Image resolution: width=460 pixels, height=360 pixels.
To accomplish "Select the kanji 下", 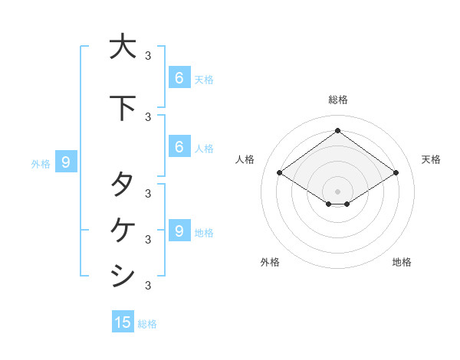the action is coord(122,108).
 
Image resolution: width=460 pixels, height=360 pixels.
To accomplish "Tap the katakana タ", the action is coord(122,185).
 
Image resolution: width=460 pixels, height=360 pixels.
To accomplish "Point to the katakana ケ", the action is coord(122,228).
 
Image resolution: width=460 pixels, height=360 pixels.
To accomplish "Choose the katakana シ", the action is coord(122,274).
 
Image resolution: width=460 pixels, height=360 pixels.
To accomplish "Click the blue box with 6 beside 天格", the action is coord(179,77).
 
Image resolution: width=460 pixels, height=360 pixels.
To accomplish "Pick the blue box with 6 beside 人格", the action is coord(179,146).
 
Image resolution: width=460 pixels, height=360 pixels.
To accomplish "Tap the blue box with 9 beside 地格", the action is coord(179,231).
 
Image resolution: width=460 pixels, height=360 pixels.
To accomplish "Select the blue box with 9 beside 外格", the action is coord(66,162).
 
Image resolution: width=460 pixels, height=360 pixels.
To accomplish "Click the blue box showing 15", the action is coord(123,322).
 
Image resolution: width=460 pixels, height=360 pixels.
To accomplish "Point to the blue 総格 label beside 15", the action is coord(147,324).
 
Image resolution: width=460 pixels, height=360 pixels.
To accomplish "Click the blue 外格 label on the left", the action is coord(41,163).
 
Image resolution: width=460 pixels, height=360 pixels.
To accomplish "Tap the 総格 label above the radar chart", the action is coord(337,100).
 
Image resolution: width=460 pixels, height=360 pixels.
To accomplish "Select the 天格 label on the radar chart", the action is coord(431,159).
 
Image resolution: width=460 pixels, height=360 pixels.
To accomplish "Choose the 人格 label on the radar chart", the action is coord(245,159).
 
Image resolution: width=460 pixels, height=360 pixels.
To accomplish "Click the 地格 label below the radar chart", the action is coord(402,262).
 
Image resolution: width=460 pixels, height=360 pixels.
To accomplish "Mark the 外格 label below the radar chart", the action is coord(270,262).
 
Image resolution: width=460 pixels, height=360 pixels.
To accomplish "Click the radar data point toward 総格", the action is coord(337,130).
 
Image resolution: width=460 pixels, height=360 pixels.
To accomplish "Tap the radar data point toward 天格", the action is coord(396,173).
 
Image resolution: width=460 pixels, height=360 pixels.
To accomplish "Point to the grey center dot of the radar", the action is coord(337,191).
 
